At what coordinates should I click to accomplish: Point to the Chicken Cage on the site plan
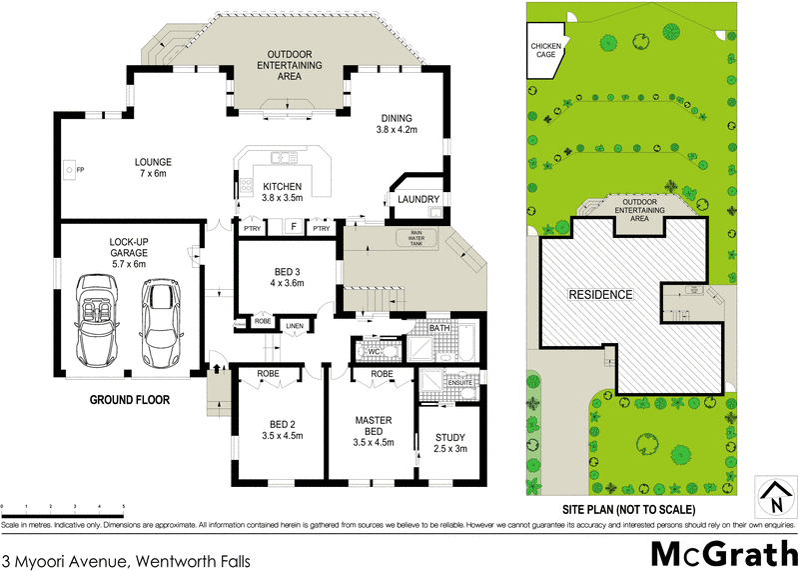545,51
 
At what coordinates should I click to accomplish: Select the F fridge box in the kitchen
293,227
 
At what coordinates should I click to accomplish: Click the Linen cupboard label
294,326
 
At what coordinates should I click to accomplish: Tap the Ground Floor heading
130,399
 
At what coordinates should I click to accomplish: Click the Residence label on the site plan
600,295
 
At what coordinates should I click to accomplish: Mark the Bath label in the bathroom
438,328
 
